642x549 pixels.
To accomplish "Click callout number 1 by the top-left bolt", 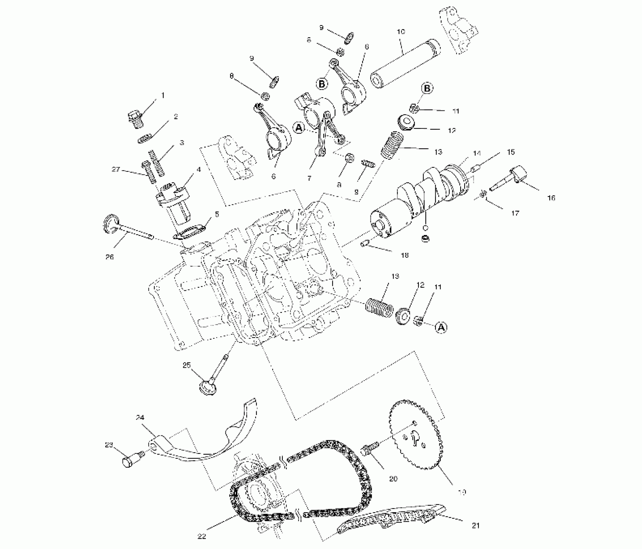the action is coord(163,96).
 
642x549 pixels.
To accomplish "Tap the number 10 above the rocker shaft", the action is coord(401,32).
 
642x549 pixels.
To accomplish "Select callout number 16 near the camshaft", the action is coord(551,198).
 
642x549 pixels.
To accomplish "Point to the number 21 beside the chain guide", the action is coord(476,525).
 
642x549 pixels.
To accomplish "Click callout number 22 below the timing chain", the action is coord(202,536).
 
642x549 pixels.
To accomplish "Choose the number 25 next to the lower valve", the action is coord(187,365).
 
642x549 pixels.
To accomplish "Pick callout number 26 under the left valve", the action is coord(110,257).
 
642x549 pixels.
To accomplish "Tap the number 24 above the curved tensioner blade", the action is coord(140,418).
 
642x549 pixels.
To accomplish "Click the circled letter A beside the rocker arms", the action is coord(299,128).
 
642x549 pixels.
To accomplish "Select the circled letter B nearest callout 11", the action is coord(427,88).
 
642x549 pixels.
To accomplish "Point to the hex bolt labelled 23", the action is coord(129,462).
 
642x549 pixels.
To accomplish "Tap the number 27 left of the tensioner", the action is coord(116,170).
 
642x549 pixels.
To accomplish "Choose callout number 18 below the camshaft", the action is coord(405,255).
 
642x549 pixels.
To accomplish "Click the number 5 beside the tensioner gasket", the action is coord(217,214).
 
